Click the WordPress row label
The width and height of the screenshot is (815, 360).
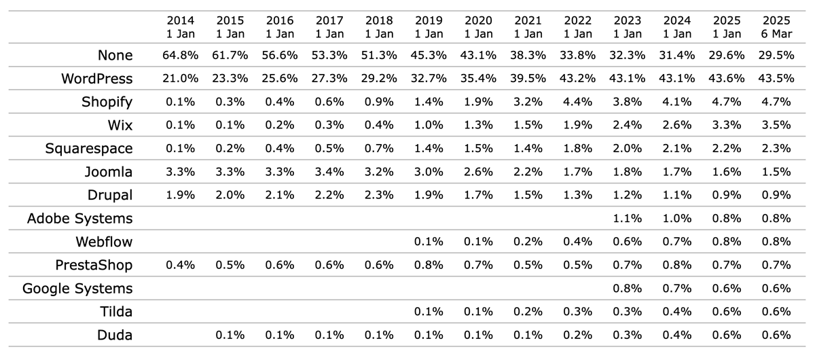coord(97,79)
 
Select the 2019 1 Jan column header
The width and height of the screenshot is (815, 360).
coord(428,26)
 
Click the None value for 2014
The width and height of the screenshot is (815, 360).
coord(179,55)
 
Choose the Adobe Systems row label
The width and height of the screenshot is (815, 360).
coord(79,219)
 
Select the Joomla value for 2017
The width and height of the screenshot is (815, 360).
coord(329,172)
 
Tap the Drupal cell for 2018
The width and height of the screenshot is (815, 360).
coord(379,195)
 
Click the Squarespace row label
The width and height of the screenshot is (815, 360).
coord(89,149)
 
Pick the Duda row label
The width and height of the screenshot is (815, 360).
coord(115,335)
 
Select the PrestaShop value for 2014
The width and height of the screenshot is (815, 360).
coord(179,265)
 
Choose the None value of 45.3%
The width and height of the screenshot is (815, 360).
coord(428,55)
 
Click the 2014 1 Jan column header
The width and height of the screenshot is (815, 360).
coord(179,26)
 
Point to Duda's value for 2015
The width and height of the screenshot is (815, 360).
coord(230,335)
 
